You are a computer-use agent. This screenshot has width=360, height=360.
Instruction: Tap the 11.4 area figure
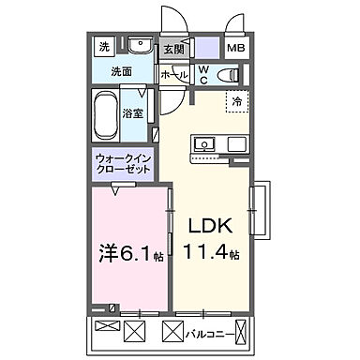click(215, 254)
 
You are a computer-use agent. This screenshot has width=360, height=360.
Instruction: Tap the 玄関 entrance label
click(173, 49)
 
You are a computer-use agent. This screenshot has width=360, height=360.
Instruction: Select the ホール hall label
click(172, 73)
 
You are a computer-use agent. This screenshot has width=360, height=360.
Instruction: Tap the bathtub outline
click(105, 114)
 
